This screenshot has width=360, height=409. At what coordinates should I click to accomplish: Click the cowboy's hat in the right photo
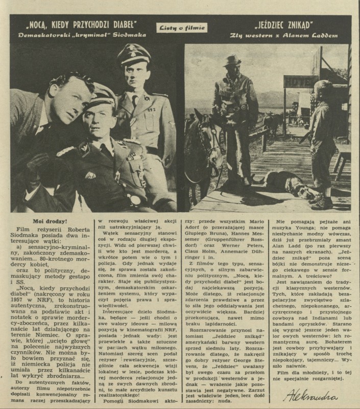tap(232, 61)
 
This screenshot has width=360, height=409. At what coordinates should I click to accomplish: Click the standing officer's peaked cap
tap(133, 55)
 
